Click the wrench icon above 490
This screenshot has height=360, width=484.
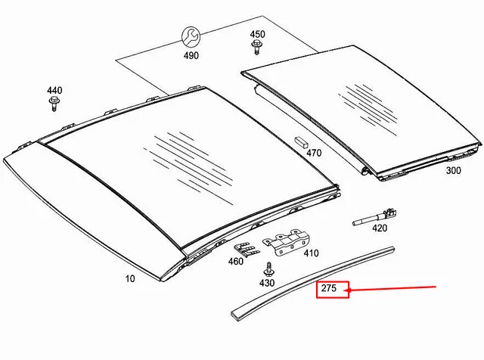click(x=191, y=36)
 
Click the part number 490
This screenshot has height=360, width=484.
click(x=191, y=56)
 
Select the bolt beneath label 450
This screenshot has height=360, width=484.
click(x=256, y=47)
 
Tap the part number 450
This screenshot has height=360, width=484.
click(x=257, y=34)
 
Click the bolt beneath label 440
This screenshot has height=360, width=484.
click(x=54, y=104)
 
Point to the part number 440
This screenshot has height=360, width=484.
click(x=54, y=91)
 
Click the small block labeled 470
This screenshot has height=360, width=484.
click(x=302, y=141)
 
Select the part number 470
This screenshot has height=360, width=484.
click(x=314, y=153)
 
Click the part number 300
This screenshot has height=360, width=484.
click(x=454, y=170)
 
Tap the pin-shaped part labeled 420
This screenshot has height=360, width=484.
click(x=375, y=217)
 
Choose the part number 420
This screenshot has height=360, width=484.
click(x=380, y=228)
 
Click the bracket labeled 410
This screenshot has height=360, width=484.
click(x=286, y=242)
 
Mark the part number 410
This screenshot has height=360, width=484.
click(x=311, y=253)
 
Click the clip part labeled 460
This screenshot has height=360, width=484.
click(x=247, y=250)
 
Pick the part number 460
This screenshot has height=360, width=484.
click(x=236, y=262)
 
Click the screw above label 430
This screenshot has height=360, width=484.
click(x=268, y=269)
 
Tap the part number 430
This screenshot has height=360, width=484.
click(x=267, y=283)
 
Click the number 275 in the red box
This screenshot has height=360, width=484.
click(x=329, y=288)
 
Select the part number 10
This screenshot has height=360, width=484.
click(x=130, y=279)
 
